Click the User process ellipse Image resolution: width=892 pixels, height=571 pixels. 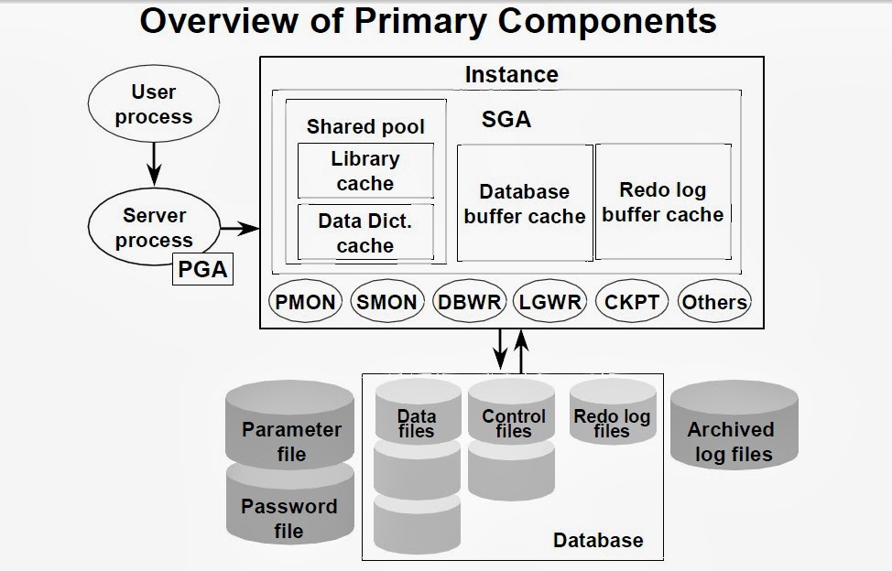click(x=154, y=104)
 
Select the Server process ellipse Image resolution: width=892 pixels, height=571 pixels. click(x=154, y=228)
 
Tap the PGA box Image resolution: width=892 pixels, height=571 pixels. click(x=202, y=271)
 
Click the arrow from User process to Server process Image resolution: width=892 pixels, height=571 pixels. click(x=154, y=159)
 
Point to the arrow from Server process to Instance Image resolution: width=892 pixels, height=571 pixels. click(x=239, y=227)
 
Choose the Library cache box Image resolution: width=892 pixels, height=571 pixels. click(x=365, y=171)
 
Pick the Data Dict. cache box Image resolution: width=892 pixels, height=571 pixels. click(x=365, y=233)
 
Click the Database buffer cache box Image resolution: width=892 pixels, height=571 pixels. click(x=525, y=204)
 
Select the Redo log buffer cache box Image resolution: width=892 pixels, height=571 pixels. click(x=663, y=202)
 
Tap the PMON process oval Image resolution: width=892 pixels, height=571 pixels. click(x=305, y=301)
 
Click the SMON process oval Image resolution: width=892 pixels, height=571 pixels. click(x=386, y=301)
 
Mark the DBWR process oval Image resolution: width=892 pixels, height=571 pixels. click(x=468, y=301)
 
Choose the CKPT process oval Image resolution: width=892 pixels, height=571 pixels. click(x=632, y=301)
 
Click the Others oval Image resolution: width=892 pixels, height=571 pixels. click(x=714, y=301)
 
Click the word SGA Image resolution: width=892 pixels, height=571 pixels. click(x=506, y=120)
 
